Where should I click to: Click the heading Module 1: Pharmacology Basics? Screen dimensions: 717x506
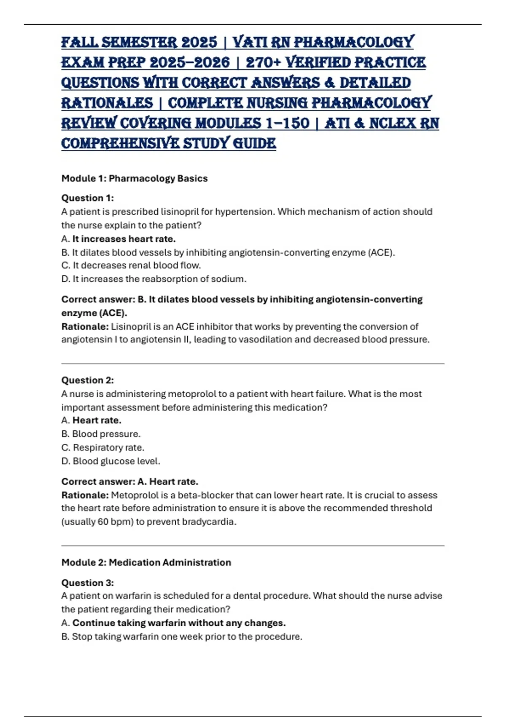(135, 178)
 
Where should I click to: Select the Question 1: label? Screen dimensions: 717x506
(88, 198)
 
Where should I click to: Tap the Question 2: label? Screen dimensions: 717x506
(88, 380)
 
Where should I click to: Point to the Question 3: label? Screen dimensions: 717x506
(88, 582)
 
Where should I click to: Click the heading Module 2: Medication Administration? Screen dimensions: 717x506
(146, 562)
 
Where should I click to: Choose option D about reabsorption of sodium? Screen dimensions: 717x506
(154, 279)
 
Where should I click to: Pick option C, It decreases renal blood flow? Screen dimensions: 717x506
(131, 265)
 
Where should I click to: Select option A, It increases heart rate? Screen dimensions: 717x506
(118, 239)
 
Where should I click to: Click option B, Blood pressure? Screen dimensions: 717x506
(101, 434)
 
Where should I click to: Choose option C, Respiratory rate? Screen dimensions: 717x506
(103, 447)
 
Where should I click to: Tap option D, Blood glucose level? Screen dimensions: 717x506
(111, 461)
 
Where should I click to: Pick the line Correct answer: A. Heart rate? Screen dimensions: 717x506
(130, 481)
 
